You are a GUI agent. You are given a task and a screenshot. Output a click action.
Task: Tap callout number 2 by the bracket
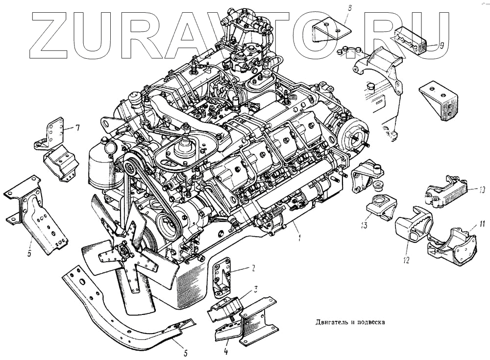pyautogui.click(x=253, y=268)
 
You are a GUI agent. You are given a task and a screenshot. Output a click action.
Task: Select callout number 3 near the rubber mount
pyautogui.click(x=256, y=288)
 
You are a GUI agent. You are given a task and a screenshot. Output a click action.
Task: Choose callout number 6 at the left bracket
pyautogui.click(x=29, y=253)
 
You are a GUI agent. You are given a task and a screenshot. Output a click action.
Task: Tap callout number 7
pyautogui.click(x=77, y=128)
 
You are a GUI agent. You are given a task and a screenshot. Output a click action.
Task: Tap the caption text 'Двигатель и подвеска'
pyautogui.click(x=348, y=322)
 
